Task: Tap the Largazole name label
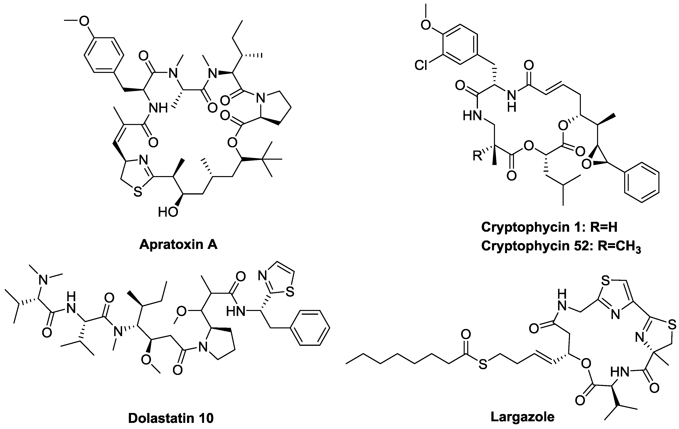[522, 417]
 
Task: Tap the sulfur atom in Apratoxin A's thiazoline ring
[137, 193]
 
